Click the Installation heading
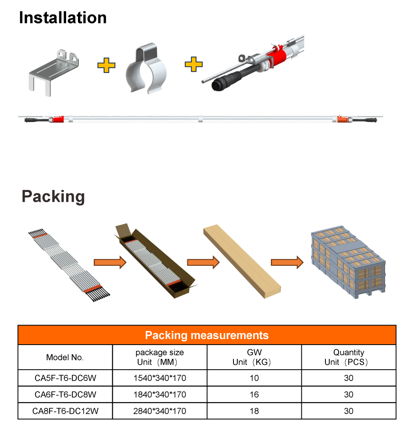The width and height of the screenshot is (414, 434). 63,18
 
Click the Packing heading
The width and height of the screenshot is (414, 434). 53,197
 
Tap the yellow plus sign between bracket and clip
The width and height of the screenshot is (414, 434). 106,66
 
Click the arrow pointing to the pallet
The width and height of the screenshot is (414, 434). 287,262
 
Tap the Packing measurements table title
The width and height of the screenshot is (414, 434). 207,336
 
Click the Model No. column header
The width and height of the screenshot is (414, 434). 65,357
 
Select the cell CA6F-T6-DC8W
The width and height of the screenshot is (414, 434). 65,395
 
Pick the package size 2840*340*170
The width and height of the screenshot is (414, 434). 160,411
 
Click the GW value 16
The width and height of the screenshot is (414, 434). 254,395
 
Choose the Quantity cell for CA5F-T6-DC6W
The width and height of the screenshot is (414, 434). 349,378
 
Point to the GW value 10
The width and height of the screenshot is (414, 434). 254,378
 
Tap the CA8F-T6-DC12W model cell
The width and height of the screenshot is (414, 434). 65,411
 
